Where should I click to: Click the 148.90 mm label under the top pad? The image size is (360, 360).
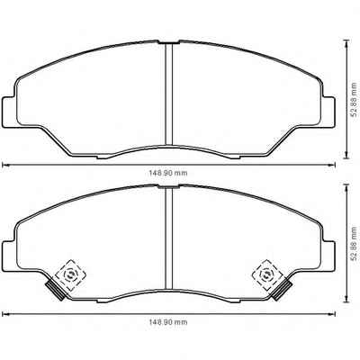click(x=168, y=173)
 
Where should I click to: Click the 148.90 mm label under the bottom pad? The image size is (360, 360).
click(x=168, y=322)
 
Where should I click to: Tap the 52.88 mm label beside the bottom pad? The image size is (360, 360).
click(x=355, y=243)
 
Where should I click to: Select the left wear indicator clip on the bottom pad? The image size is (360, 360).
click(x=55, y=291)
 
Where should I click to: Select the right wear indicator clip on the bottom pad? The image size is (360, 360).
click(x=282, y=291)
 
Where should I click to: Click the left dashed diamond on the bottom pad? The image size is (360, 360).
click(x=71, y=274)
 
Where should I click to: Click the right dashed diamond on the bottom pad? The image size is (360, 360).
click(x=266, y=274)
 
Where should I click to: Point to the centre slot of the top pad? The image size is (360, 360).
click(x=169, y=94)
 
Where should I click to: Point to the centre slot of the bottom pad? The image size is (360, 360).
click(x=169, y=238)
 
